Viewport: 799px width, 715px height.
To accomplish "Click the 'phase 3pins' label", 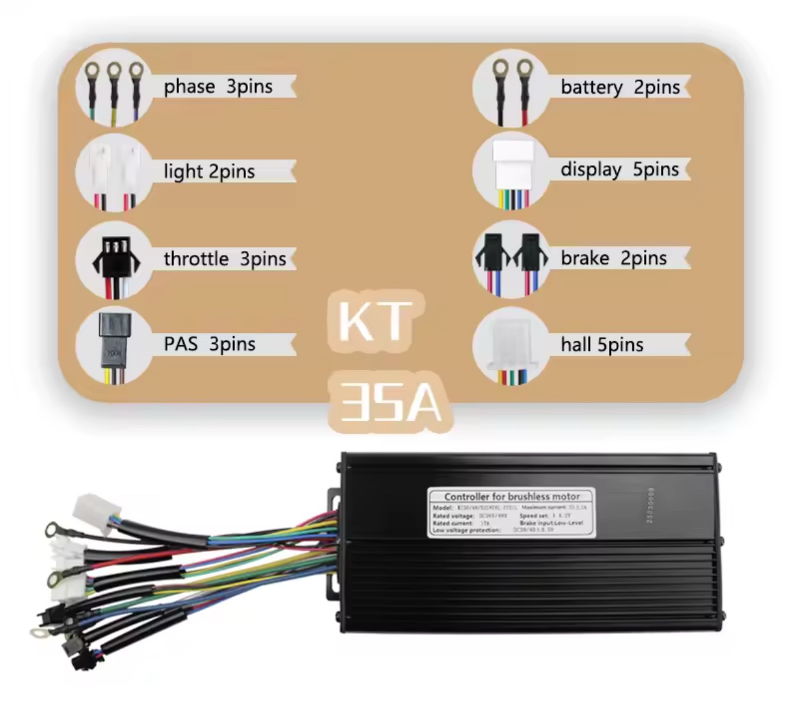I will click(218, 87).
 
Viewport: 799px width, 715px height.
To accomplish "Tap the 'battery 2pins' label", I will click(620, 87).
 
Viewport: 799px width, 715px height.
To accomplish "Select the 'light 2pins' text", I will click(209, 171).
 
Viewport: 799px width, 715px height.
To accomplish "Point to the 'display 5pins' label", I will click(620, 169).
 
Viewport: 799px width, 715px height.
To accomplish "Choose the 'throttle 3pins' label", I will click(225, 259).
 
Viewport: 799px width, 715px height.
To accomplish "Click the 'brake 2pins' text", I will click(613, 258).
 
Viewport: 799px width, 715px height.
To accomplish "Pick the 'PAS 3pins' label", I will click(210, 343).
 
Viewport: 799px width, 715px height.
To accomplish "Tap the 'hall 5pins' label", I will click(602, 345).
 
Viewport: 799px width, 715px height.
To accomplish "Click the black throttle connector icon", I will click(114, 259).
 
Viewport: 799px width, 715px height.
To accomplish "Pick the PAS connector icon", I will click(114, 345).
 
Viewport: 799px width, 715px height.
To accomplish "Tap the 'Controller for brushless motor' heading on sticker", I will click(511, 496).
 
